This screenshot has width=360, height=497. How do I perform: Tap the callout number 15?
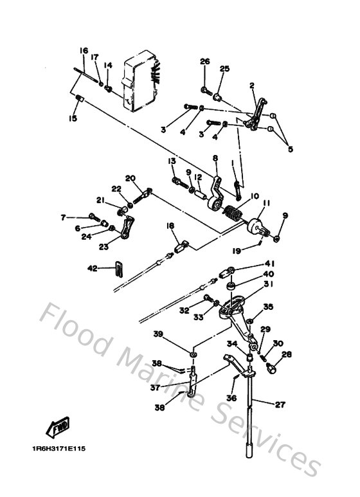tap(73, 118)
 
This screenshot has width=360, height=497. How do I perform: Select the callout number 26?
tap(204, 62)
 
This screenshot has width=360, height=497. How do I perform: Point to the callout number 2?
tap(252, 85)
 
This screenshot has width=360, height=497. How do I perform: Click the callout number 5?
tap(290, 149)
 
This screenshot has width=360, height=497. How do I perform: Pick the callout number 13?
tap(172, 161)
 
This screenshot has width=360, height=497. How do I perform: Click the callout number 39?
tap(157, 334)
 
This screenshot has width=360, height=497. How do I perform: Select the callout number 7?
tap(63, 217)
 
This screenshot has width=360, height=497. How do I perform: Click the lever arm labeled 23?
tap(127, 228)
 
